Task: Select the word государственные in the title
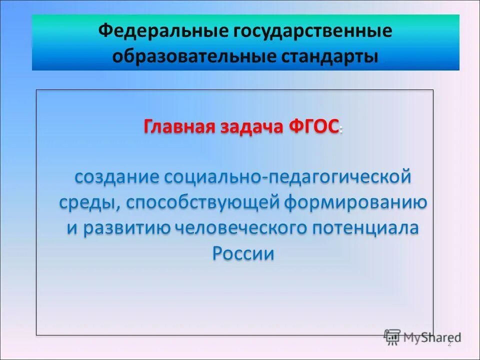pos(310,32)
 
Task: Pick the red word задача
pos(251,126)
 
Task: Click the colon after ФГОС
pos(341,129)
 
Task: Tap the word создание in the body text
pos(117,176)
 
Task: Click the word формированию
pos(355,203)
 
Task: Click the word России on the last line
pos(243,253)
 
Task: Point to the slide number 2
pos(449,343)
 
